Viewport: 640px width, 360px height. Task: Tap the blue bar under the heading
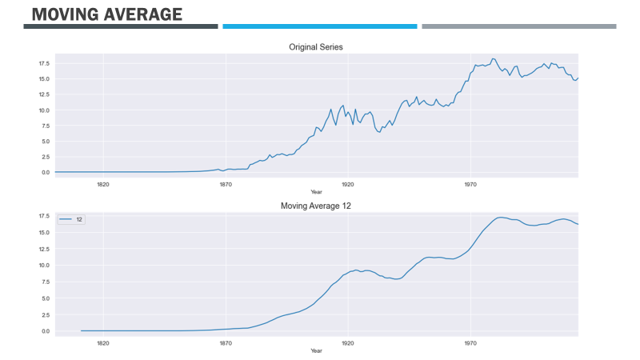coord(320,26)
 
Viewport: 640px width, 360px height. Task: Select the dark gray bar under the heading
coord(121,26)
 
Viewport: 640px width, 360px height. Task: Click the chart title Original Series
coord(316,47)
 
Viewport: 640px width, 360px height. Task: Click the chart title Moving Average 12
coord(316,206)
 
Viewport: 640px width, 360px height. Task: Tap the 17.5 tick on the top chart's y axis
coord(43,63)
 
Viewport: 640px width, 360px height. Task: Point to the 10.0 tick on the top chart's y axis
coord(43,110)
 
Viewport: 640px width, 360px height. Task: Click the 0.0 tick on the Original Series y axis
coord(45,172)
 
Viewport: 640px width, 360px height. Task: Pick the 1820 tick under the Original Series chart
coord(103,184)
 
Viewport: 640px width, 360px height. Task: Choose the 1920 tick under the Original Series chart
coord(347,184)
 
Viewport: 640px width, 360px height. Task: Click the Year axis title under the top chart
coord(316,192)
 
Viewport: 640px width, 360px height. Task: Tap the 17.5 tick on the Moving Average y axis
coord(43,217)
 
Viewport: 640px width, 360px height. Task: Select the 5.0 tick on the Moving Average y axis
coord(45,298)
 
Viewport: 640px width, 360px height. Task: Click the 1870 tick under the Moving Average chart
coord(226,342)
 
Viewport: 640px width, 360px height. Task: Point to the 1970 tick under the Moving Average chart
coord(470,342)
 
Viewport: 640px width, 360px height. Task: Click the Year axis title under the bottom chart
coord(316,350)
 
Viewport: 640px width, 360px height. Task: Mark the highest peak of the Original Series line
coord(494,58)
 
